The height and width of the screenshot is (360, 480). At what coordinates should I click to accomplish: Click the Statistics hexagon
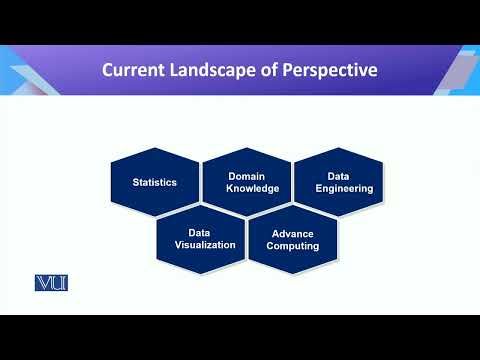pos(155,182)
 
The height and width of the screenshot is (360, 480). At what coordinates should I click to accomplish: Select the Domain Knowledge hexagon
pos(246,182)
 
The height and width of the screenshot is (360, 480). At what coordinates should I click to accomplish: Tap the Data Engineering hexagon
pos(338,182)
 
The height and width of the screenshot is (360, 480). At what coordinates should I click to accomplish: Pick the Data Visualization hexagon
pos(200,238)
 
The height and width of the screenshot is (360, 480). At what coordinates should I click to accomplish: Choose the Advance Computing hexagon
pos(293,239)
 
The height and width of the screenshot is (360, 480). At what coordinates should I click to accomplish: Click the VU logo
pos(51,284)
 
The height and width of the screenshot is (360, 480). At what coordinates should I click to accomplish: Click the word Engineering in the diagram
pos(345,188)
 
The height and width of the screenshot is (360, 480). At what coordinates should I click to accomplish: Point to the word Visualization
pos(205,244)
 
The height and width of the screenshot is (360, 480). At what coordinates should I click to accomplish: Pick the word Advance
pos(293,233)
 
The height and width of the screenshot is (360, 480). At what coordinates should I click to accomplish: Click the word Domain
pos(246,176)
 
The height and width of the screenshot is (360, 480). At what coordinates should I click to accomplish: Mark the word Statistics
pos(155,182)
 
